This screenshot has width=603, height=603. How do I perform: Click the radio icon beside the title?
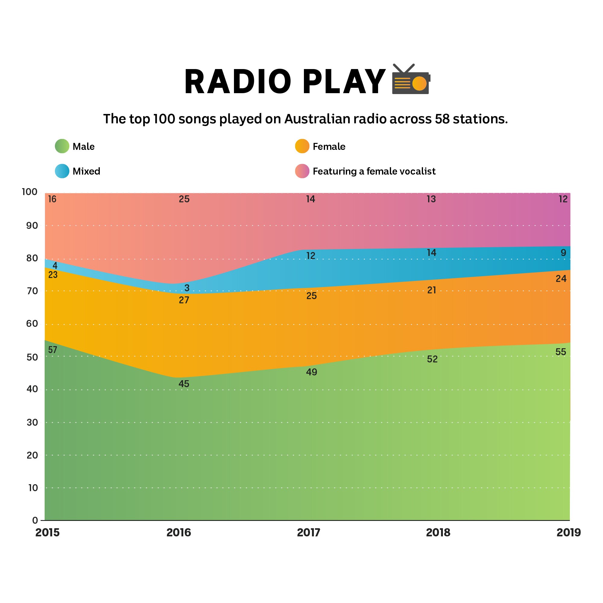tap(411, 80)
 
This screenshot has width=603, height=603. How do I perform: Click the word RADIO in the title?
tap(238, 82)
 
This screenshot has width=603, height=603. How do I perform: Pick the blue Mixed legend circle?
tap(62, 171)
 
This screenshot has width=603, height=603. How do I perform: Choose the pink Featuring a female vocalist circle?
tap(302, 171)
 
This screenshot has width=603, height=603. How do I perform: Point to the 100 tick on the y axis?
tap(30, 192)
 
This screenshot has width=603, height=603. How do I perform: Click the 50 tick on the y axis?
tap(32, 357)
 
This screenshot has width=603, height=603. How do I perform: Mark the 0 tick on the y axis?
tap(35, 520)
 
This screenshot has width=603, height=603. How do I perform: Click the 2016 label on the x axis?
tap(178, 532)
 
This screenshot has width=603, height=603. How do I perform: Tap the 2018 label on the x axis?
tap(438, 532)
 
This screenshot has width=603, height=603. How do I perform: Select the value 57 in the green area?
tap(52, 350)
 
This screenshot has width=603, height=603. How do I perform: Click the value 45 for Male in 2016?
tap(184, 384)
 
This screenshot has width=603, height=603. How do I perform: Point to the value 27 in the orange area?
tap(184, 300)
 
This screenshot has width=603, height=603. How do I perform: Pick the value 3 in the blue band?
tap(187, 288)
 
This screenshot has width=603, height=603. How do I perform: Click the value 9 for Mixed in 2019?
tap(563, 252)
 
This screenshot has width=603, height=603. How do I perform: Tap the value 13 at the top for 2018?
tap(431, 199)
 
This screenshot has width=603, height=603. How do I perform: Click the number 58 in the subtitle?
tap(442, 119)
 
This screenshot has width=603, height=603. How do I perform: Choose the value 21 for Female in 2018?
tap(431, 290)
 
